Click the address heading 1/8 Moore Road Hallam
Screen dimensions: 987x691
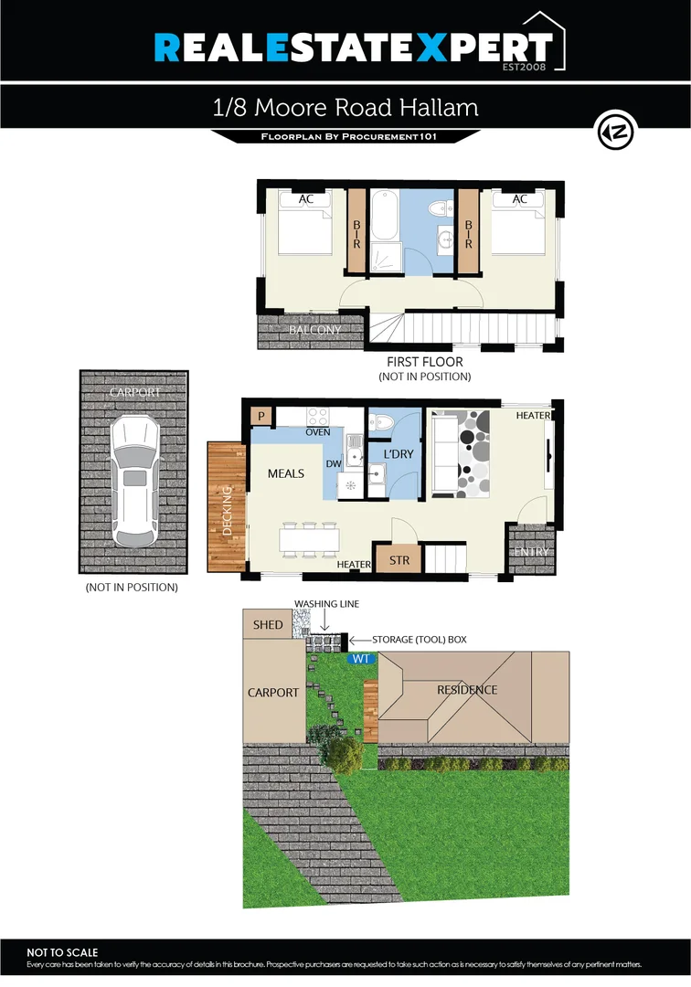click(345, 107)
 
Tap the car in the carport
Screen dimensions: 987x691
click(133, 482)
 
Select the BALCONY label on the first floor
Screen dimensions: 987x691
click(314, 331)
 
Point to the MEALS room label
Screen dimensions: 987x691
click(286, 474)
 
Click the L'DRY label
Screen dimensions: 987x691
click(399, 454)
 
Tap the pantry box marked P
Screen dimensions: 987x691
click(261, 416)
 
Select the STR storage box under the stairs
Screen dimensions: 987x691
click(399, 560)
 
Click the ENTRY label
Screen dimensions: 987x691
click(531, 552)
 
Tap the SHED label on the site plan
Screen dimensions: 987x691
click(268, 625)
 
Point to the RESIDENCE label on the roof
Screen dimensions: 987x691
click(467, 690)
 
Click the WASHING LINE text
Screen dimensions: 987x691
click(326, 605)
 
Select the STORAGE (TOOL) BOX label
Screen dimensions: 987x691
click(419, 640)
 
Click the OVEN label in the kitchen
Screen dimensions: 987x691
click(318, 432)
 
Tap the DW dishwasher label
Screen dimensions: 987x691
click(334, 463)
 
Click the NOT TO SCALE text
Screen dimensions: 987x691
click(62, 952)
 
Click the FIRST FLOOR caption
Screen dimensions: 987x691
click(424, 362)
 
